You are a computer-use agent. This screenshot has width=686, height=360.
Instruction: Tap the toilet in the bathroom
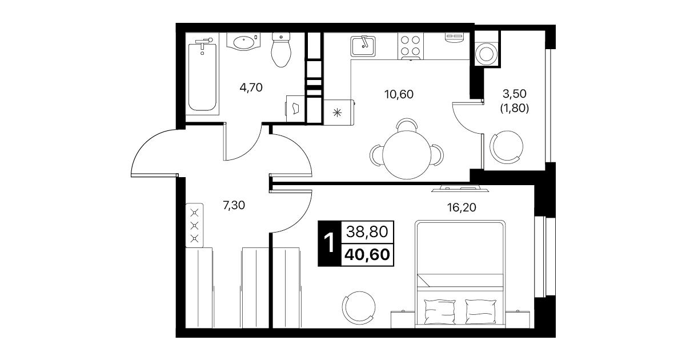click(281, 50)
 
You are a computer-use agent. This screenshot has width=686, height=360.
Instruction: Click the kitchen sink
click(363, 46)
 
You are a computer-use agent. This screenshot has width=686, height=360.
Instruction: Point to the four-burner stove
click(411, 46)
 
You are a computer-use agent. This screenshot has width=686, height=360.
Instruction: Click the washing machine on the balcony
click(486, 54)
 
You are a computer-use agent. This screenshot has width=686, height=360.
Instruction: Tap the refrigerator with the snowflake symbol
click(339, 113)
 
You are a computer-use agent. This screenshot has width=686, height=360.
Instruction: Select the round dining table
click(407, 155)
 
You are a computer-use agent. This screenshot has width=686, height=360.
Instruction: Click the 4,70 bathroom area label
click(251, 88)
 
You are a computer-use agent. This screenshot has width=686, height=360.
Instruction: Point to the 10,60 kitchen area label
click(399, 94)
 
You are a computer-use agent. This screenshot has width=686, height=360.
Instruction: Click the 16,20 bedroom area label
click(462, 208)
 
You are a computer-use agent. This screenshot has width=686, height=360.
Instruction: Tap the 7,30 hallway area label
click(234, 205)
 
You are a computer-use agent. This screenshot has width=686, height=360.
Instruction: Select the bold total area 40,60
click(367, 255)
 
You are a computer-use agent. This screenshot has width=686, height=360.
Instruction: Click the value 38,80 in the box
click(367, 232)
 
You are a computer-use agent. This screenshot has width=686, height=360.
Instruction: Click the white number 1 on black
click(329, 243)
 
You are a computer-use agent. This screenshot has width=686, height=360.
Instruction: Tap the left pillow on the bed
click(439, 311)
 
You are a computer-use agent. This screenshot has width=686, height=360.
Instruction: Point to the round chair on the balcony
click(506, 147)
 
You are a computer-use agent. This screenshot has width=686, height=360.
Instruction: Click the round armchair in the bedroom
click(359, 307)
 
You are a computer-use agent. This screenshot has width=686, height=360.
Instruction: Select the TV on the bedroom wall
click(460, 189)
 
